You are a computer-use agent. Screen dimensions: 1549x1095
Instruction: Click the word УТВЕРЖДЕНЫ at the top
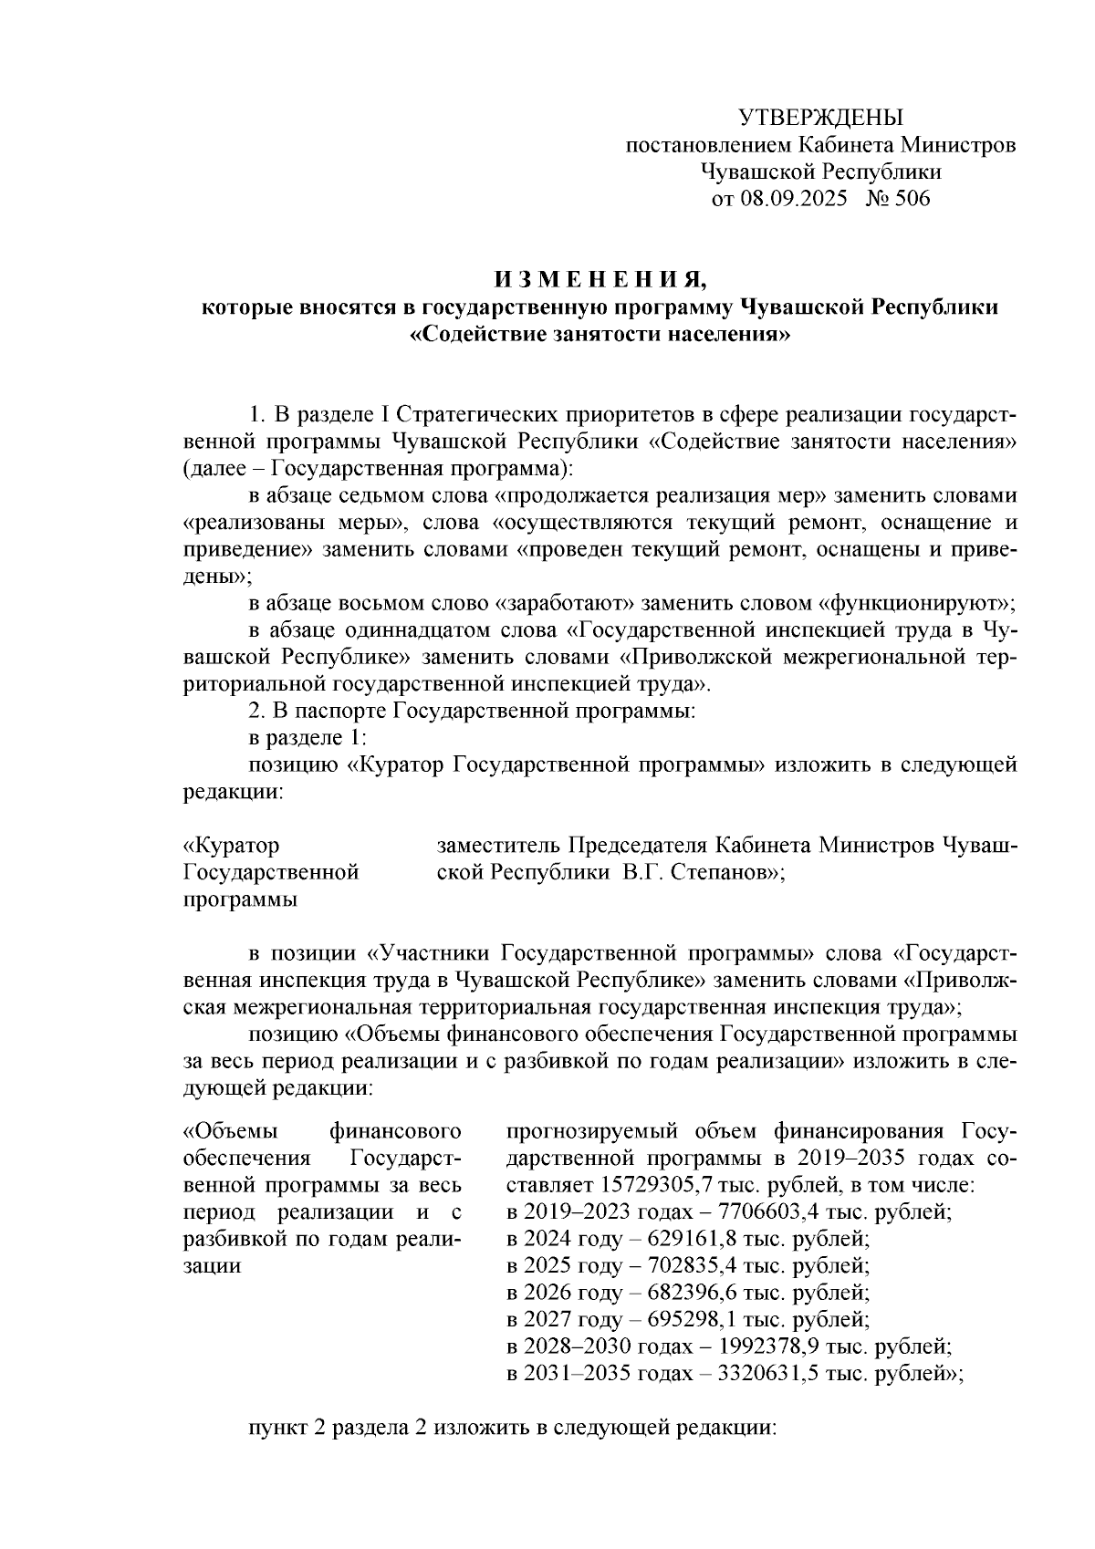pos(819,118)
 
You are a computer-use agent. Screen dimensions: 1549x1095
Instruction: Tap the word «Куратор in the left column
pos(232,846)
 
